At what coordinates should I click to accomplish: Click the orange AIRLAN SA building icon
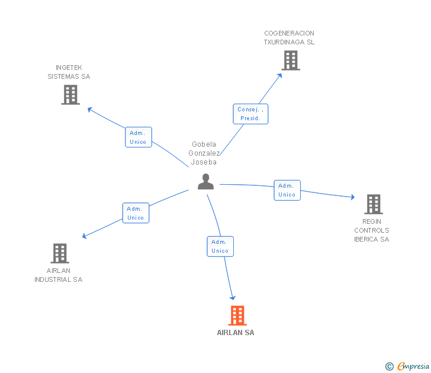[x=237, y=316]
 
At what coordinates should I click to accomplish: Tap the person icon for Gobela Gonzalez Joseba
[x=205, y=182]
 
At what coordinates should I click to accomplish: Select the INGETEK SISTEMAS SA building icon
[x=70, y=95]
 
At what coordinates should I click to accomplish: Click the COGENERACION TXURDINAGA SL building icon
[x=290, y=60]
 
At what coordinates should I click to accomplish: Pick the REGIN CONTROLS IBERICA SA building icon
[x=373, y=204]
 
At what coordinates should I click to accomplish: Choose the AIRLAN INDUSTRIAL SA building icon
[x=59, y=253]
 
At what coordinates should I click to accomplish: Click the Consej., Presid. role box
[x=250, y=114]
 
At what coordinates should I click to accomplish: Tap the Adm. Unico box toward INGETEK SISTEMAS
[x=138, y=137]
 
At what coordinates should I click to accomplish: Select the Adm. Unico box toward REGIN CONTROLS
[x=287, y=190]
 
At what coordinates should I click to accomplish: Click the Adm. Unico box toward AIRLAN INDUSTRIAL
[x=136, y=213]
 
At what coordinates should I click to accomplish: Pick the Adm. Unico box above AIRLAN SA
[x=220, y=246]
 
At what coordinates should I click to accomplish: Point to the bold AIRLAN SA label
[x=236, y=333]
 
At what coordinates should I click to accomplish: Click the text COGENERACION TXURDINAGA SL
[x=289, y=38]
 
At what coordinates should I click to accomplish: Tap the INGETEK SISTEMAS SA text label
[x=69, y=72]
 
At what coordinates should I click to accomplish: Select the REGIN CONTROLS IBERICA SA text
[x=372, y=230]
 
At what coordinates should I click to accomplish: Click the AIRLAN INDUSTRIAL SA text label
[x=59, y=275]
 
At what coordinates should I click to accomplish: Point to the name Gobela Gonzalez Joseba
[x=204, y=153]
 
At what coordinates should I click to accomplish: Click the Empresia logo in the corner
[x=413, y=366]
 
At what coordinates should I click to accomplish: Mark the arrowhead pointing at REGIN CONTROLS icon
[x=352, y=198]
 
